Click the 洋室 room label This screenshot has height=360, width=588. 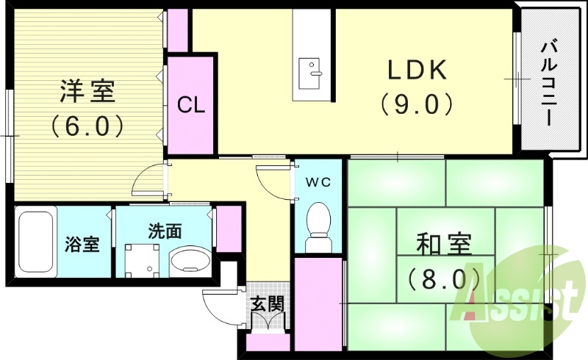87,93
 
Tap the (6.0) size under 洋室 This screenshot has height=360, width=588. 87,126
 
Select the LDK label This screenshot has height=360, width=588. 417,70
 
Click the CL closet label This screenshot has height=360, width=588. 192,104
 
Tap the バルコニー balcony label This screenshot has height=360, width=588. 548,84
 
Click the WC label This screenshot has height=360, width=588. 318,181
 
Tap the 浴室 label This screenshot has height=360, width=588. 82,245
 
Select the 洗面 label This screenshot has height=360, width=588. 165,232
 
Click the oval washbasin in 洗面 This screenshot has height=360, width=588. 190,260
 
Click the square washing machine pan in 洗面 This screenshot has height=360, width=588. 140,261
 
